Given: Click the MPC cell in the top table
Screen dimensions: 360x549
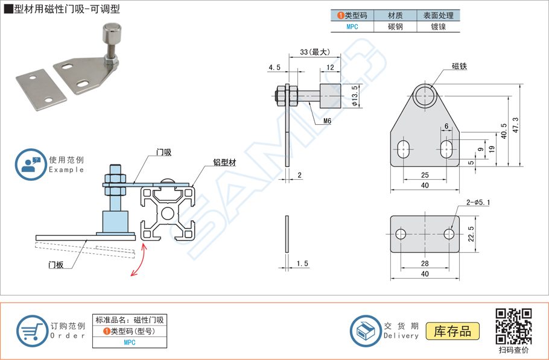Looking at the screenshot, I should pyautogui.click(x=352, y=27).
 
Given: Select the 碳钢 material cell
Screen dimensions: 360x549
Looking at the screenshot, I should pyautogui.click(x=395, y=27).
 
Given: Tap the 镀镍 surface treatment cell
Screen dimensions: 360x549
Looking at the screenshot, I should pyautogui.click(x=438, y=27).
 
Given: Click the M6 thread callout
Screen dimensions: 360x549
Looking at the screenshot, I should pyautogui.click(x=327, y=121).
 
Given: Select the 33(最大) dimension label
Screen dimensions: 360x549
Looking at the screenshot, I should pyautogui.click(x=314, y=52).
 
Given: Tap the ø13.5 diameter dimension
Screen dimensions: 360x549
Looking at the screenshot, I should pyautogui.click(x=355, y=95).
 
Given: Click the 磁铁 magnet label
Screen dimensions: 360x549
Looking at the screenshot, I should pyautogui.click(x=460, y=66).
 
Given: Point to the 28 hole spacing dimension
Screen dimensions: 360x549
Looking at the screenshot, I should pyautogui.click(x=425, y=264).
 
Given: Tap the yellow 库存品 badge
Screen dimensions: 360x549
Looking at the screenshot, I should pyautogui.click(x=452, y=331).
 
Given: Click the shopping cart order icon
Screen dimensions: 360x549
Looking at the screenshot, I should pyautogui.click(x=32, y=331).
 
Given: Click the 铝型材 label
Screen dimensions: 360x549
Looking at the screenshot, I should pyautogui.click(x=224, y=163).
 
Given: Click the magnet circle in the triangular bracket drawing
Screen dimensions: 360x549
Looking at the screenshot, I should pyautogui.click(x=426, y=95).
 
